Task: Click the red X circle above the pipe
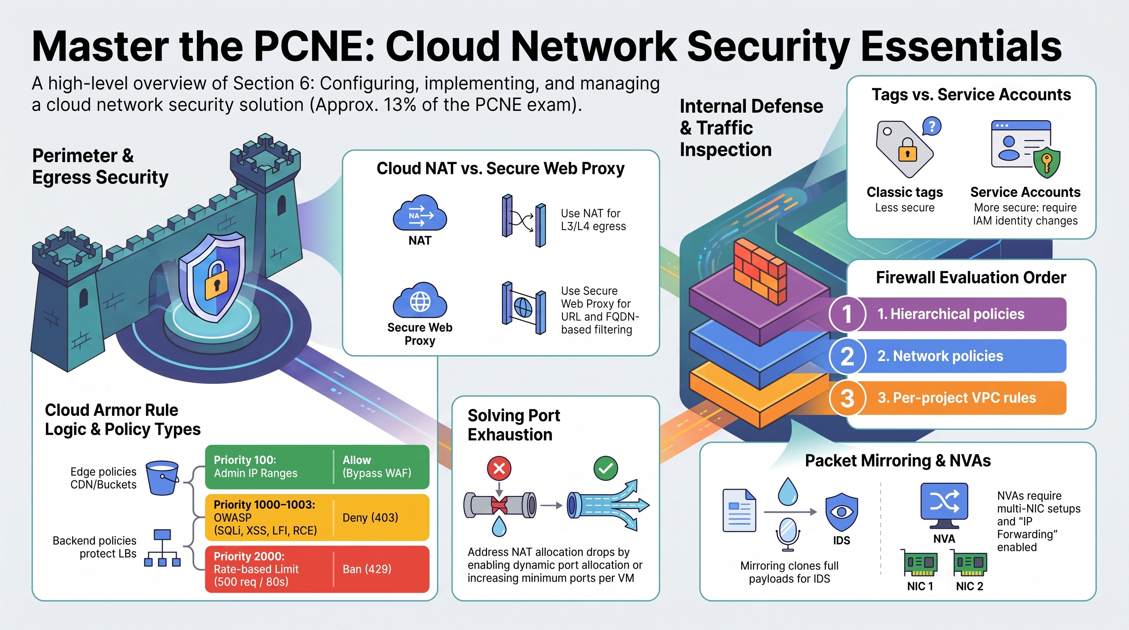(499, 469)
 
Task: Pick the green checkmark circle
(606, 468)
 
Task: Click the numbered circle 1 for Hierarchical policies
(847, 314)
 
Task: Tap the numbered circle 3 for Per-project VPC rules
(847, 398)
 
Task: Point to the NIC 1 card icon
(920, 563)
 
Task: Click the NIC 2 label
(969, 586)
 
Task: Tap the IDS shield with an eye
(841, 512)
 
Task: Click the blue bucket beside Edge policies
(162, 478)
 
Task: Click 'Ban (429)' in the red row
(367, 569)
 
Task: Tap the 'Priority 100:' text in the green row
(245, 460)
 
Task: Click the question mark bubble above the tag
(932, 126)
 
